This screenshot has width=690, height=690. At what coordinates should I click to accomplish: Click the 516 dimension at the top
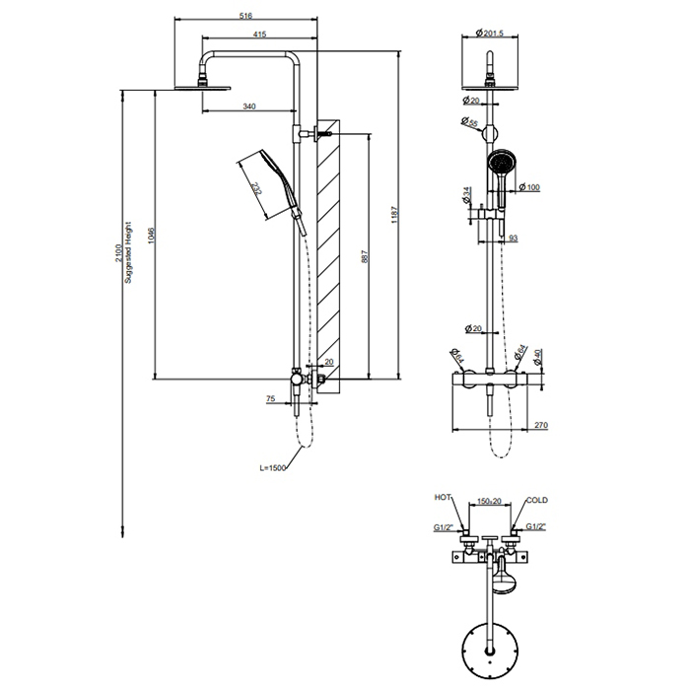tap(247, 15)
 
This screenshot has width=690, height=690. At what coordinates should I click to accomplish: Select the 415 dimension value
tap(258, 35)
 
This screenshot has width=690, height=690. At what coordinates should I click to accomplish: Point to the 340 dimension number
tap(248, 106)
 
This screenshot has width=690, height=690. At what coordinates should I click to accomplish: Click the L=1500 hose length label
tap(271, 469)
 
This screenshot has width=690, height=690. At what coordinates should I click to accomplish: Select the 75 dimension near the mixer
tap(271, 398)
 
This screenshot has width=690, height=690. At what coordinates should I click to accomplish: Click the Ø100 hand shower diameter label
tap(531, 187)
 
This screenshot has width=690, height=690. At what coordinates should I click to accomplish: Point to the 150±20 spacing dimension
tap(489, 501)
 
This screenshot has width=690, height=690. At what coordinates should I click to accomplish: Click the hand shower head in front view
tap(501, 162)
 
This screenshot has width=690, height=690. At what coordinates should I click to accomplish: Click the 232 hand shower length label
tap(257, 187)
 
